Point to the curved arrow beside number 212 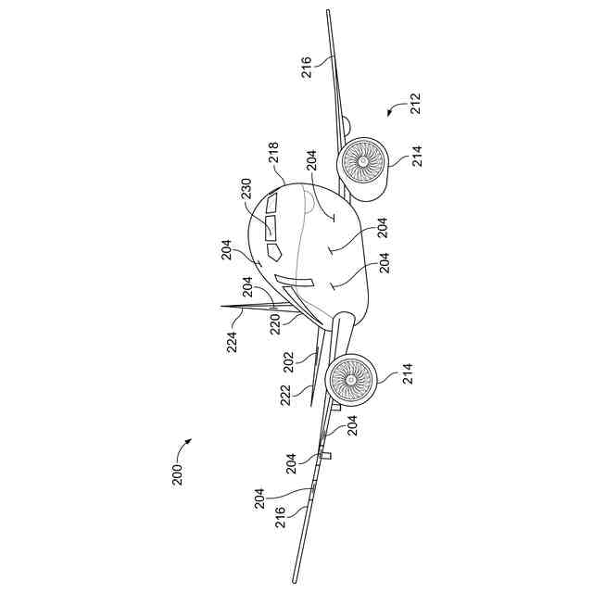(x=395, y=110)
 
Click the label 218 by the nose (x=274, y=153)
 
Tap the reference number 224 (x=233, y=342)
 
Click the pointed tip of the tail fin (x=221, y=306)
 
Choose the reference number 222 (x=286, y=396)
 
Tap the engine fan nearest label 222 (x=351, y=378)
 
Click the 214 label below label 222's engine (x=409, y=374)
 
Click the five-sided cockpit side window (x=274, y=251)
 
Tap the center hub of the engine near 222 (x=351, y=378)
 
